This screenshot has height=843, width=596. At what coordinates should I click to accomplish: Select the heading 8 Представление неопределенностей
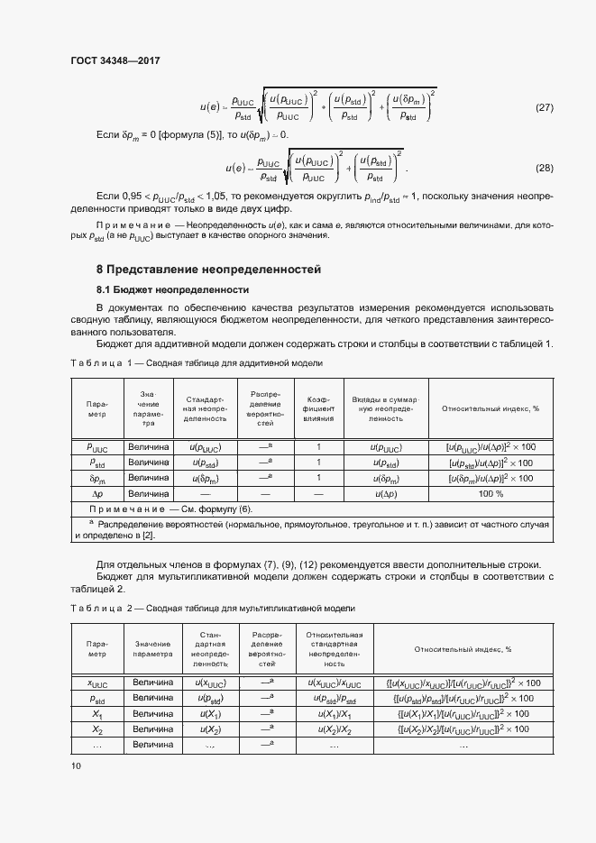pyautogui.click(x=208, y=270)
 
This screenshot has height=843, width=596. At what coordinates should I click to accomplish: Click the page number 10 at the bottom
pyautogui.click(x=76, y=765)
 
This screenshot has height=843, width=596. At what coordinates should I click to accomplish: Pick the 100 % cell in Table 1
pyautogui.click(x=491, y=494)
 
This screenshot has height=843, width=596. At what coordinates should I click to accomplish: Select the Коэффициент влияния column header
pyautogui.click(x=318, y=408)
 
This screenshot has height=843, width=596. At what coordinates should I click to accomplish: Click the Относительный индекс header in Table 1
pyautogui.click(x=491, y=408)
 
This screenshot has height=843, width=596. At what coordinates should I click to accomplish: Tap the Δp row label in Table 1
pyautogui.click(x=96, y=494)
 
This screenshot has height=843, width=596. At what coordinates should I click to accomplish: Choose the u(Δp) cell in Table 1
pyautogui.click(x=385, y=494)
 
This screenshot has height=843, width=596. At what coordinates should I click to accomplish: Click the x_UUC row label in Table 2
pyautogui.click(x=96, y=683)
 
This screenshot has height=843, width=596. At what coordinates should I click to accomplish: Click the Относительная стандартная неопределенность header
pyautogui.click(x=335, y=648)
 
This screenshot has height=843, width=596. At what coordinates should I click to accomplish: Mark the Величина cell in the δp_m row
pyautogui.click(x=148, y=478)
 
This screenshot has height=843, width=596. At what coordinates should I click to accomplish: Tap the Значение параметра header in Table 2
pyautogui.click(x=152, y=648)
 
